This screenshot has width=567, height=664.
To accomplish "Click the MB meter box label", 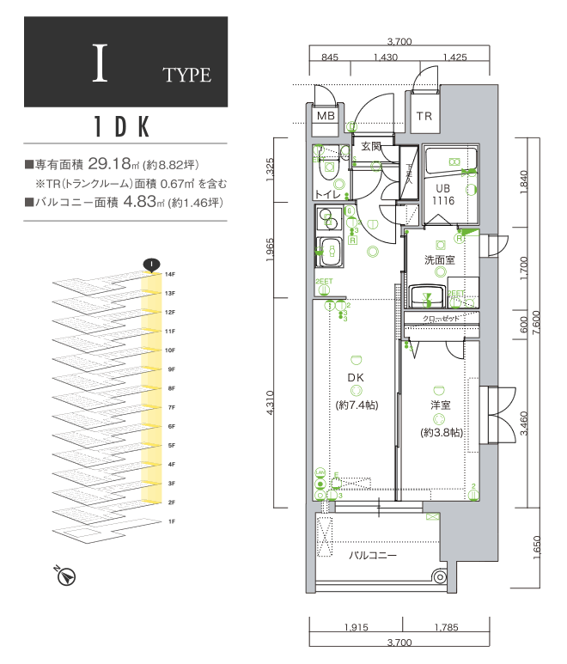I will [x=326, y=116].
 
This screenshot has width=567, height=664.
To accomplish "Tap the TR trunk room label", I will [x=424, y=116].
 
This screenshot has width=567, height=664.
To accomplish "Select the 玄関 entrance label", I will [x=371, y=146].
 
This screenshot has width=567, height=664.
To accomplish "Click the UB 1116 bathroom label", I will [x=442, y=195].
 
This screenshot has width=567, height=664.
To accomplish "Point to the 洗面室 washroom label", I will [x=439, y=259].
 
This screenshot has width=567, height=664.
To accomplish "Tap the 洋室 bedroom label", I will [x=442, y=404].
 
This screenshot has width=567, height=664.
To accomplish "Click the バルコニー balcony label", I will [x=372, y=556].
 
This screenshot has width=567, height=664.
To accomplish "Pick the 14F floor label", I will [x=171, y=274].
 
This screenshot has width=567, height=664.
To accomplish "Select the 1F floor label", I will [x=171, y=521].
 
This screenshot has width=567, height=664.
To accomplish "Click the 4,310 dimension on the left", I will [x=271, y=402].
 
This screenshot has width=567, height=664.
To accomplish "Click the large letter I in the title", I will [x=101, y=64].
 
